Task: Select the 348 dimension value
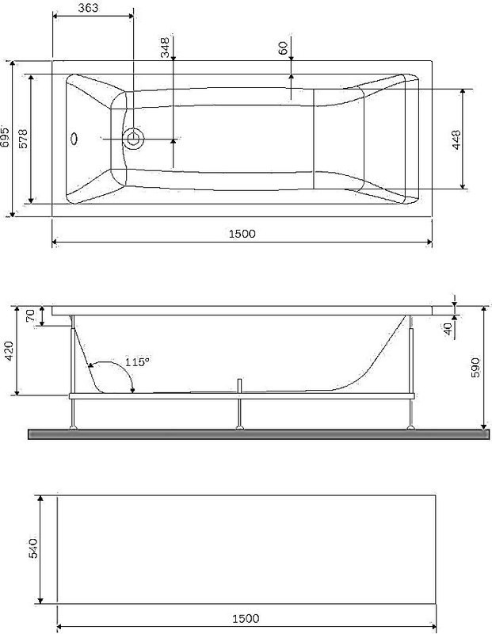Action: coord(165,48)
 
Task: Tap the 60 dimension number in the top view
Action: coord(283,48)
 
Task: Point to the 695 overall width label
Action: coord(6,136)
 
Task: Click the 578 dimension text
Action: coord(24,138)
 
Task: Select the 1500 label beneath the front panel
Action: coord(246,618)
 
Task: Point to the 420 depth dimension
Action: coord(9,351)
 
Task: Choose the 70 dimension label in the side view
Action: coord(30,315)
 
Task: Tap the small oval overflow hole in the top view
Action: coord(75,139)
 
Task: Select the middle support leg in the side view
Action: coord(238,411)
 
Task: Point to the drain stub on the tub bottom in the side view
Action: coord(238,386)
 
